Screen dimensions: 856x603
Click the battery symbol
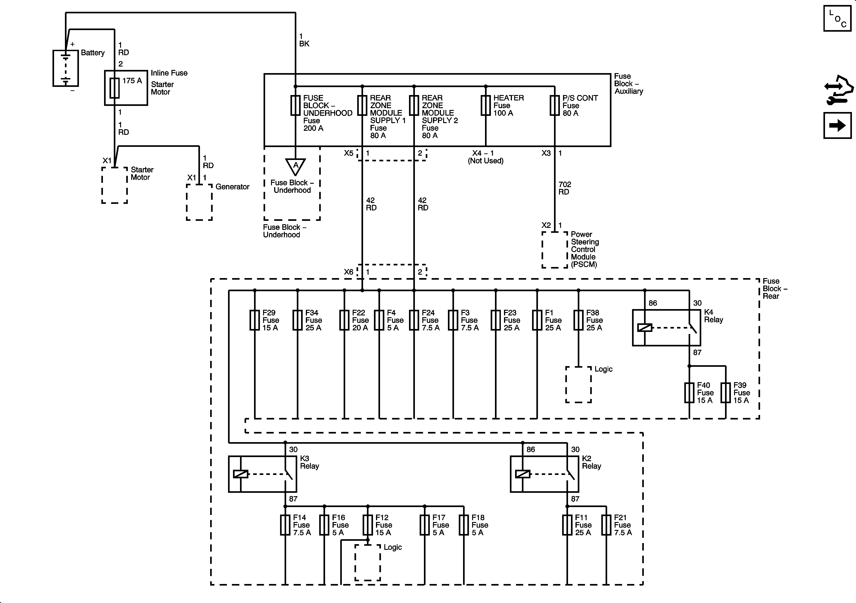tap(66, 68)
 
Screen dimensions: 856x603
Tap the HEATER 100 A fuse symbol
tap(486, 105)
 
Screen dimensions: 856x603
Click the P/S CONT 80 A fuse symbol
tap(555, 105)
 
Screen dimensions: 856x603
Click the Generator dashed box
tap(200, 202)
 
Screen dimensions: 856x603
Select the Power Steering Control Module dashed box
tap(555, 250)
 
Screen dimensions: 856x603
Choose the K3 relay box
tap(262, 474)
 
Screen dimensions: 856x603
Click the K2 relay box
tap(544, 474)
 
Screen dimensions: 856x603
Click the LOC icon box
tap(837, 18)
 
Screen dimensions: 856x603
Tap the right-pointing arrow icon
tap(837, 125)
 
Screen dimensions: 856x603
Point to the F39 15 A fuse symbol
tap(725, 393)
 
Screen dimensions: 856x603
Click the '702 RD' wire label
tap(564, 188)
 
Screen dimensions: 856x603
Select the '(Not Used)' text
tap(486, 161)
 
